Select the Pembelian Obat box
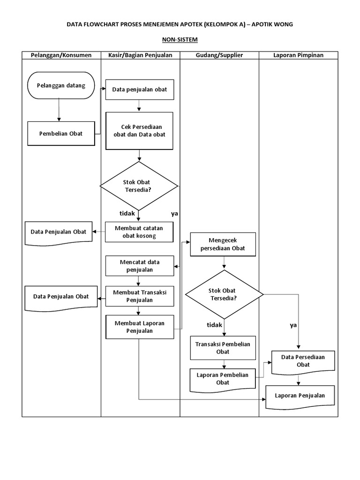click(x=61, y=134)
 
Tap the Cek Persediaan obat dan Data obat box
click(x=139, y=131)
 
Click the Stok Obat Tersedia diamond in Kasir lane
click(x=139, y=186)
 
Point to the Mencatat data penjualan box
click(x=139, y=266)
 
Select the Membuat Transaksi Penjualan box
click(x=139, y=296)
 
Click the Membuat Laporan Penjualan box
click(x=139, y=327)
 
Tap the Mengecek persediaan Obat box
click(x=223, y=244)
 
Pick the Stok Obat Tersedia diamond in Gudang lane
click(x=224, y=294)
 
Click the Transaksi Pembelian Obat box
click(x=223, y=347)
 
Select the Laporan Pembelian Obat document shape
click(x=223, y=379)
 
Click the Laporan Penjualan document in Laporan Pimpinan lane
click(x=300, y=396)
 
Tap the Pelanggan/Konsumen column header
click(x=61, y=55)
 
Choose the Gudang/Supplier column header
click(x=219, y=55)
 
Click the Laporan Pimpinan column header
click(x=298, y=55)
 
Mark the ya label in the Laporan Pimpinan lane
click(x=293, y=325)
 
